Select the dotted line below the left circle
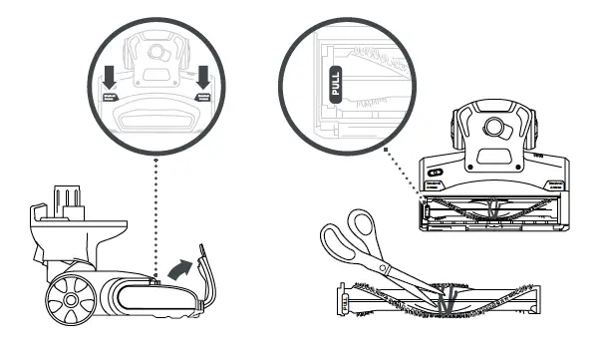154,214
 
